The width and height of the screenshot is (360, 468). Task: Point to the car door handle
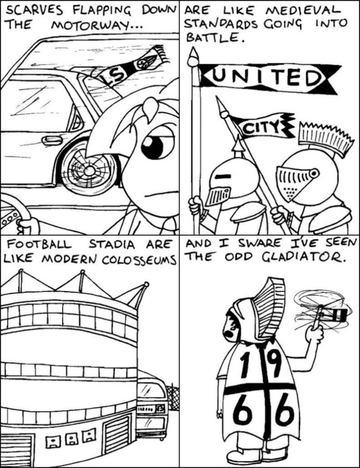(51, 140)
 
